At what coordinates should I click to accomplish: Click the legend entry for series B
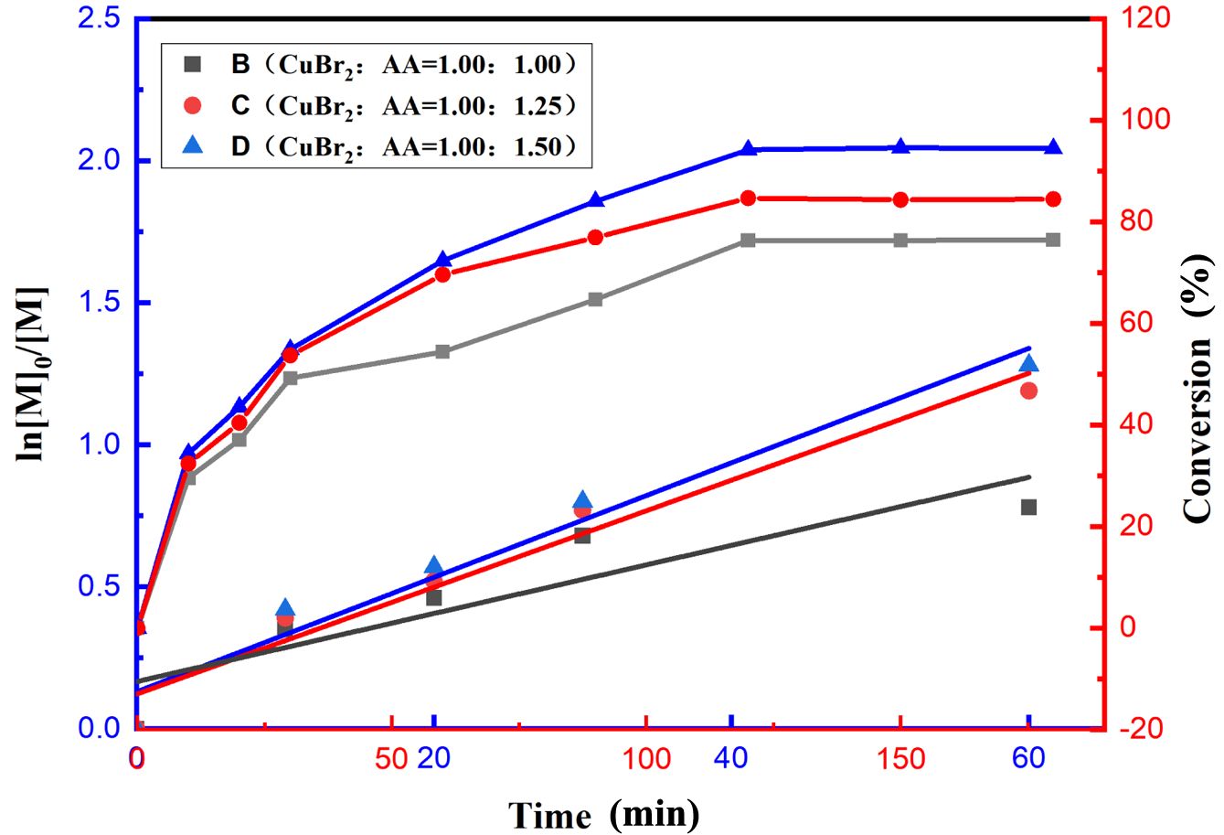tap(375, 64)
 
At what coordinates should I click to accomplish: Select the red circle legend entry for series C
tap(375, 105)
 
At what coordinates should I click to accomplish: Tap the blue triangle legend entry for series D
tap(375, 146)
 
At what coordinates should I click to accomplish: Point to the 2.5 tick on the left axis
tap(100, 18)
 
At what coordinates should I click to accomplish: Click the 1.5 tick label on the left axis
tap(100, 303)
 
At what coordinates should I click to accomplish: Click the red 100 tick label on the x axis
tap(646, 759)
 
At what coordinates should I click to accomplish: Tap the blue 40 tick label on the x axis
tap(730, 759)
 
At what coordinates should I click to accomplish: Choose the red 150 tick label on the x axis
tap(901, 759)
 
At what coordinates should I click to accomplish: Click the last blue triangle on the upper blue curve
tap(1053, 148)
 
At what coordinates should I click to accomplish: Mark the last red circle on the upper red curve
tap(1053, 199)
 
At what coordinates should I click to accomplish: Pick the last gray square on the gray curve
tap(1053, 240)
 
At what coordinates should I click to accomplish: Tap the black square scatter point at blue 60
tap(1028, 508)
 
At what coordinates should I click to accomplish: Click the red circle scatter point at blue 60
tap(1028, 391)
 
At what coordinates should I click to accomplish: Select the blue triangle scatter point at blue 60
tap(1028, 365)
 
